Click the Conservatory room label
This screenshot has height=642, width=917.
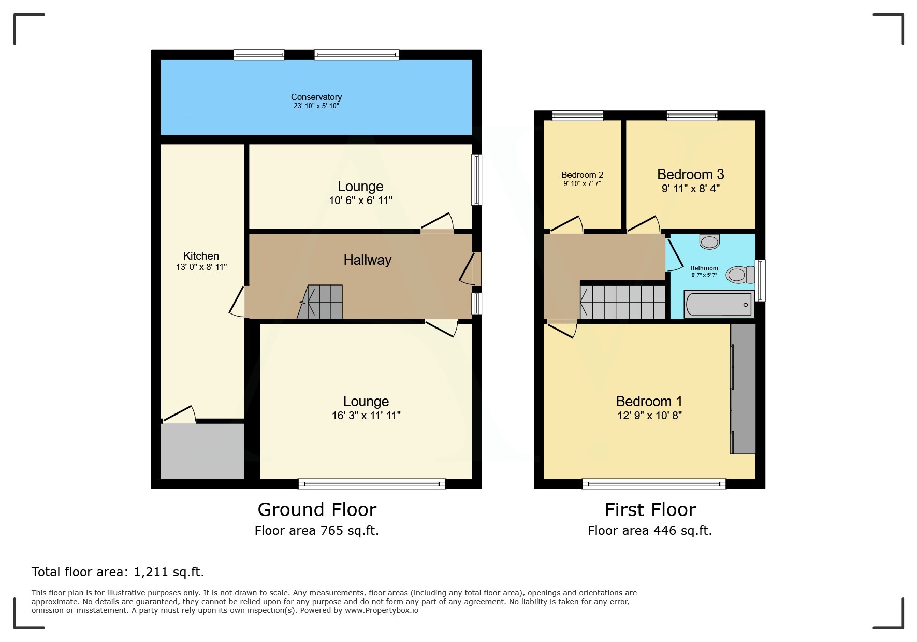(x=316, y=97)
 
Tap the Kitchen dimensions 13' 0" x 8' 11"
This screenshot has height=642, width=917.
(x=201, y=267)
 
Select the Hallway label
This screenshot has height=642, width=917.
(x=367, y=260)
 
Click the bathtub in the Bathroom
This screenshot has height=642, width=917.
(x=718, y=304)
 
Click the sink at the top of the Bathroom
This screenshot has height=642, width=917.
(x=709, y=241)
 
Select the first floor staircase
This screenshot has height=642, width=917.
(x=623, y=302)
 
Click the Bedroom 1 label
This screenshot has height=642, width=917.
(x=649, y=401)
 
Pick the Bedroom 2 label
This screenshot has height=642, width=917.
(x=582, y=175)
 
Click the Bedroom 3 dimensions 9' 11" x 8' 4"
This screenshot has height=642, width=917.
(x=690, y=189)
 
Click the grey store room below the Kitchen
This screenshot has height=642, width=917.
(x=202, y=451)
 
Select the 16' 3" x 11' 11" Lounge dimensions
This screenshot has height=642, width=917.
(x=366, y=416)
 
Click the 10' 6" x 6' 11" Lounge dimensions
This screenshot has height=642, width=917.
(x=360, y=201)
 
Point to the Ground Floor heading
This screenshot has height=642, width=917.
(x=316, y=510)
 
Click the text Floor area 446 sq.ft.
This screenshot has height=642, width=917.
(x=649, y=531)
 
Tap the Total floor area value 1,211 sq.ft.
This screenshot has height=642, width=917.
(x=169, y=572)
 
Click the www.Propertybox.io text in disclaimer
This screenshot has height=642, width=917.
(x=382, y=610)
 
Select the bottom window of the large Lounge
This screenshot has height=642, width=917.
(x=372, y=484)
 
